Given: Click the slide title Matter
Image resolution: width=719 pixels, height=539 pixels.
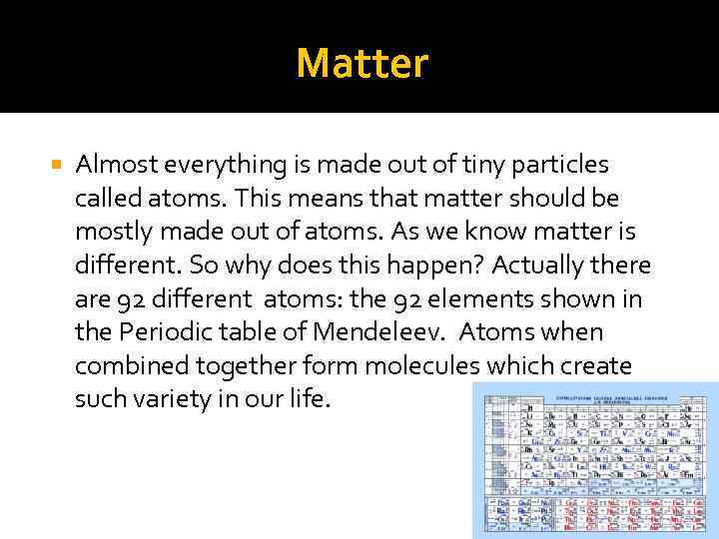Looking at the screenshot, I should coord(361,64).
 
